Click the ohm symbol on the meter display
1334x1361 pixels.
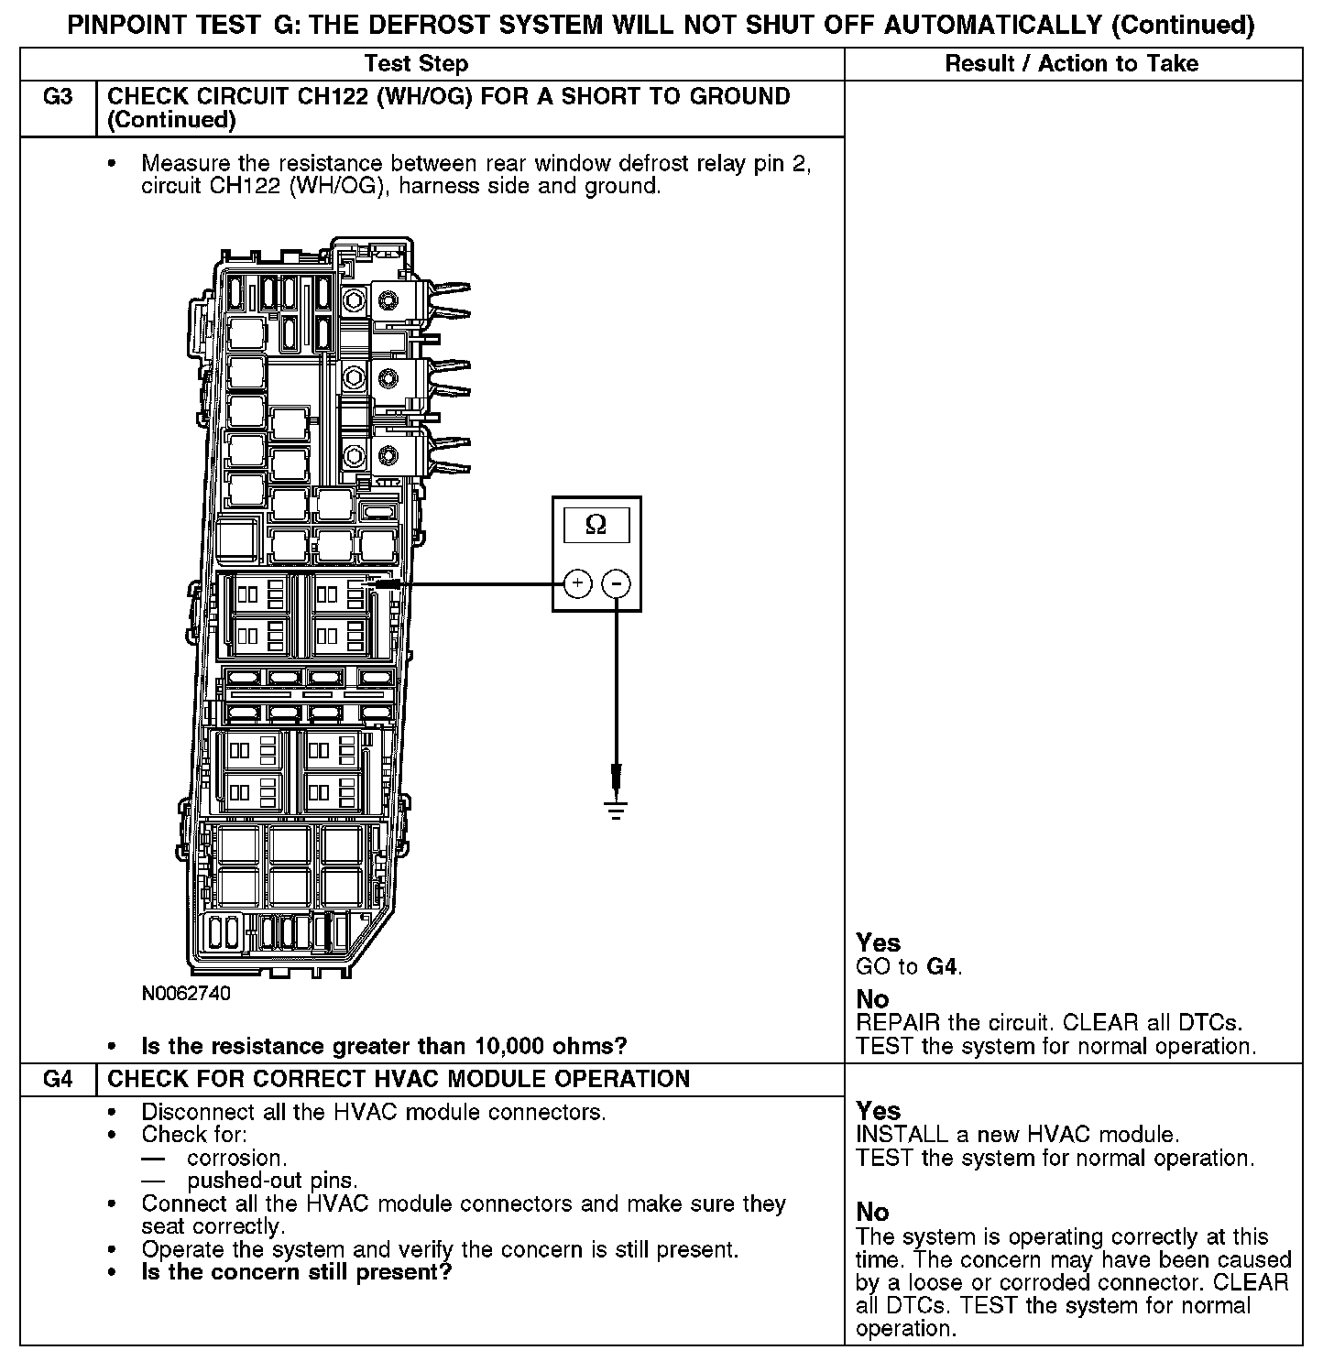click(596, 525)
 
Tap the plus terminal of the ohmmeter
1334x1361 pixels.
click(577, 583)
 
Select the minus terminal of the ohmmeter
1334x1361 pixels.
click(618, 583)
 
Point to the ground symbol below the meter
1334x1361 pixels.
click(617, 809)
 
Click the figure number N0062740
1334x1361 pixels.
click(186, 994)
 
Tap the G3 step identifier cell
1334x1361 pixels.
click(58, 97)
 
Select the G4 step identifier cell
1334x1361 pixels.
click(58, 1079)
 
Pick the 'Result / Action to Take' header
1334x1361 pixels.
click(1071, 63)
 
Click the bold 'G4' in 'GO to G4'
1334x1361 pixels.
click(943, 966)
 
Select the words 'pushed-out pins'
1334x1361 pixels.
click(272, 1181)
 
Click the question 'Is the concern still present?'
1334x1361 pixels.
click(297, 1272)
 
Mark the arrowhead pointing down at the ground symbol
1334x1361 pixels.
click(617, 778)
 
